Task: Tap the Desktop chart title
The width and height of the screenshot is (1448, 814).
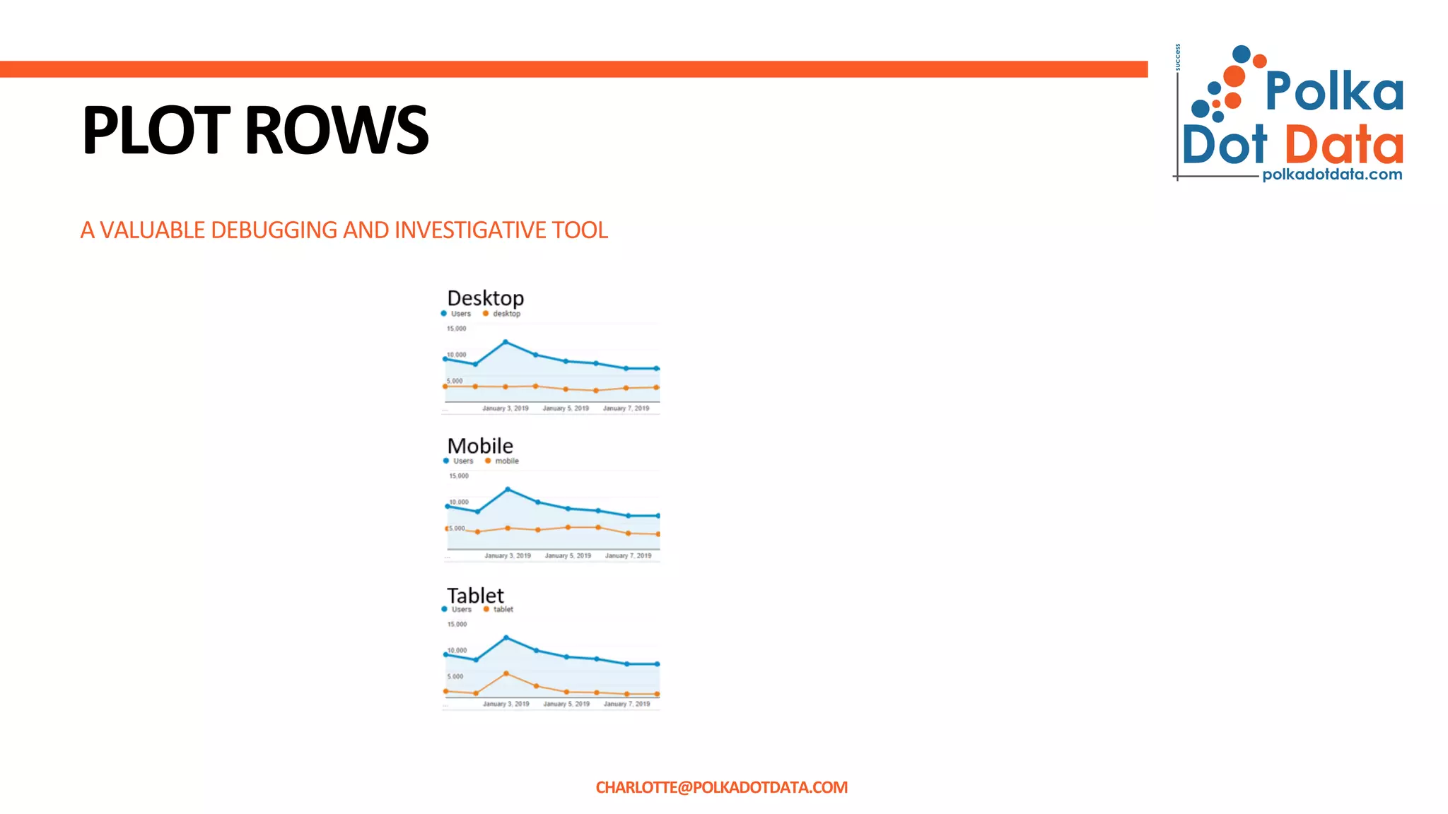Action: (x=486, y=297)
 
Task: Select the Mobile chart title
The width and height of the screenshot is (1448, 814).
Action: (x=480, y=446)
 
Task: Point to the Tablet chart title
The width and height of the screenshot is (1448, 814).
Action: (x=475, y=595)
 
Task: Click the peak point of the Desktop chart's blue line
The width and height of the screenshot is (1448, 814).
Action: (x=506, y=342)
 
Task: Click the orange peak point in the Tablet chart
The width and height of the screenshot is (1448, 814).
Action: (x=506, y=673)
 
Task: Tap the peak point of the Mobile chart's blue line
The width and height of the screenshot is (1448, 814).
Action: (x=508, y=489)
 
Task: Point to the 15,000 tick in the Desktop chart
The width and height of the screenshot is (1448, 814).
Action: (x=456, y=329)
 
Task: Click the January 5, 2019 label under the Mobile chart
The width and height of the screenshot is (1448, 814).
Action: (x=568, y=556)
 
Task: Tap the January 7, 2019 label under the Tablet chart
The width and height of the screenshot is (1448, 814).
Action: (x=626, y=704)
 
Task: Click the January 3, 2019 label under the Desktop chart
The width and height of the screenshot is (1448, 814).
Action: (x=506, y=408)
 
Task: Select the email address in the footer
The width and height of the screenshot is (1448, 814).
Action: (x=721, y=787)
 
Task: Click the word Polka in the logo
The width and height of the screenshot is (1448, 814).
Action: (x=1333, y=91)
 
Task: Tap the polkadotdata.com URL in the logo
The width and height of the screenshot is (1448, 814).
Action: (x=1332, y=175)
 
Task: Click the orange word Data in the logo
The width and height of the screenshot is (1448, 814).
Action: (x=1343, y=145)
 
